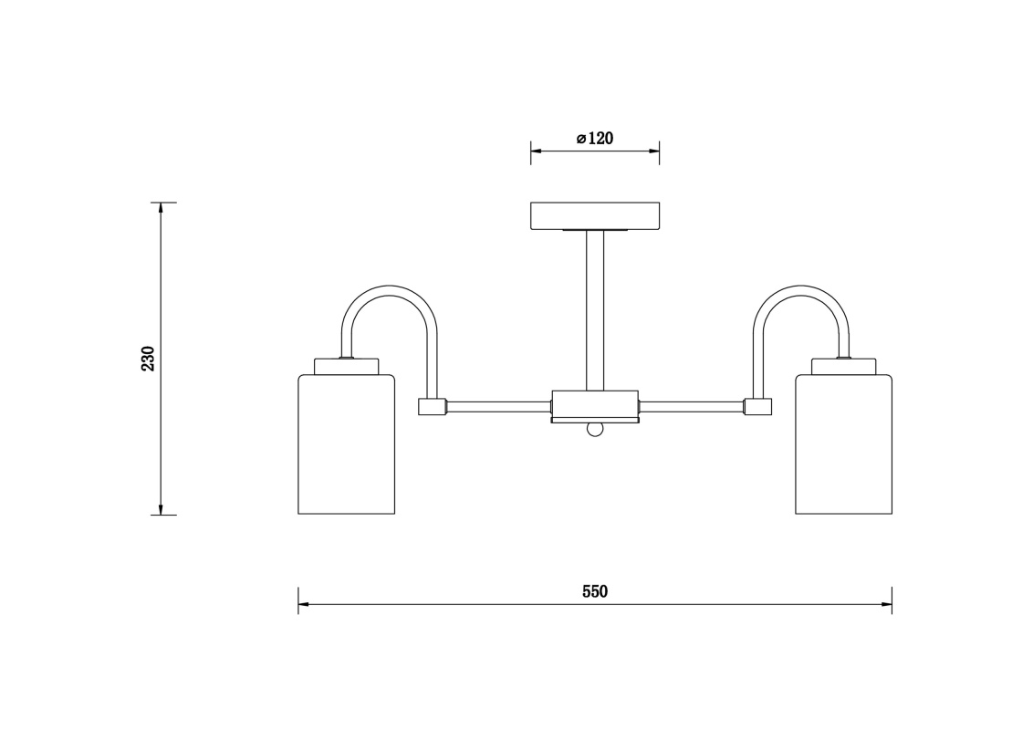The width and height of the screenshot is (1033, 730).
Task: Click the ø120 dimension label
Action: (x=594, y=139)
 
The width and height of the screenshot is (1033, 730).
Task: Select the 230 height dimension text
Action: (x=148, y=359)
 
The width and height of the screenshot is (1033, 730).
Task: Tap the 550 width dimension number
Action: (x=595, y=591)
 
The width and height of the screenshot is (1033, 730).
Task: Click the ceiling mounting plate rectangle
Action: (x=595, y=216)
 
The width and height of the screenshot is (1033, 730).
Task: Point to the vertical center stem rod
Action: (x=595, y=310)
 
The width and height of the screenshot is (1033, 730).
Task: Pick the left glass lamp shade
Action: (x=347, y=444)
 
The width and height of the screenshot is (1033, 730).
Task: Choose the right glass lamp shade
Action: (x=844, y=444)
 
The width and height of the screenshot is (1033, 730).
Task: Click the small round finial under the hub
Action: (x=595, y=430)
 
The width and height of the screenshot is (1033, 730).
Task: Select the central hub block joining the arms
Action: (x=595, y=406)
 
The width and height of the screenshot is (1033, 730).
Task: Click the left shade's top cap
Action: (x=347, y=366)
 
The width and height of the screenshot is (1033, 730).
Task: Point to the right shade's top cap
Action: (x=844, y=366)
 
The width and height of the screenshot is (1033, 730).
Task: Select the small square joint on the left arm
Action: (x=433, y=406)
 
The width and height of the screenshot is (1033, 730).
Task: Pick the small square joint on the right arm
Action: (x=757, y=406)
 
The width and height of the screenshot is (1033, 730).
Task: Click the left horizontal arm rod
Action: (x=499, y=407)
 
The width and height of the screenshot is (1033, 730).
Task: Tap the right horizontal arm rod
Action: (x=691, y=407)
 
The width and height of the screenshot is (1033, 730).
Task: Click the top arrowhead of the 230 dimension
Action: (x=160, y=207)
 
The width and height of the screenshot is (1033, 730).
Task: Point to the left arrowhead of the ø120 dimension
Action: (x=537, y=151)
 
